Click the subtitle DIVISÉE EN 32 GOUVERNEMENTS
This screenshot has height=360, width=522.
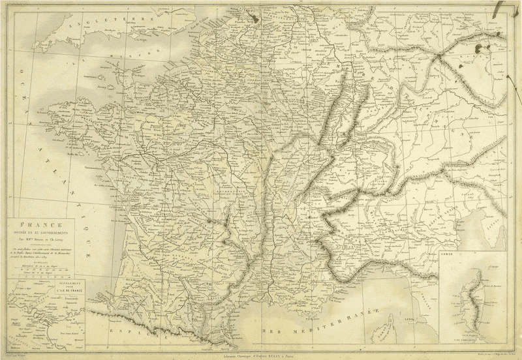point(45,231)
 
